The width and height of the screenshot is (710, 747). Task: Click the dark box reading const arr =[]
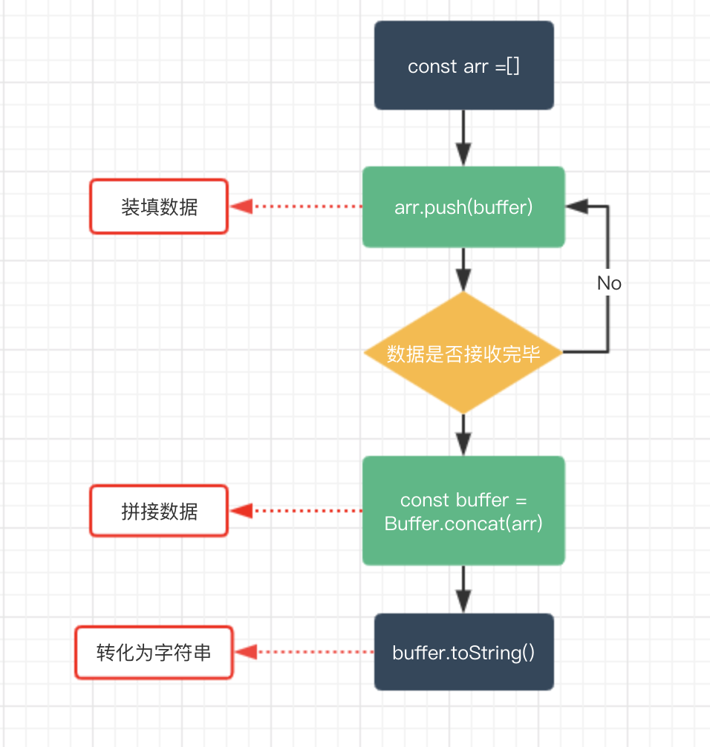click(x=463, y=65)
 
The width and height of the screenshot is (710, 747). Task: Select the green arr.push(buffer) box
click(x=463, y=206)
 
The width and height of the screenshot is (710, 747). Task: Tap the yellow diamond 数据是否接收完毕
click(x=463, y=353)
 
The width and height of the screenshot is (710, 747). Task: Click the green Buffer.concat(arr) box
click(x=463, y=511)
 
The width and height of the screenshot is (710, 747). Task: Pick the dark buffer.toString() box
click(x=463, y=652)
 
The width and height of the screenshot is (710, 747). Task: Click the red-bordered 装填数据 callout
click(x=159, y=206)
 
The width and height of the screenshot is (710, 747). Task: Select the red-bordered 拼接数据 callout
click(x=159, y=511)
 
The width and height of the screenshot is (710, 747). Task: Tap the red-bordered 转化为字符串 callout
click(x=154, y=652)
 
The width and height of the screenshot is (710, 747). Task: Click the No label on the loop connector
click(x=609, y=283)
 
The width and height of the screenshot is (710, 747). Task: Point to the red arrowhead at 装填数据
click(x=240, y=206)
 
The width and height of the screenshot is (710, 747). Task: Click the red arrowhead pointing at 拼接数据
click(x=240, y=511)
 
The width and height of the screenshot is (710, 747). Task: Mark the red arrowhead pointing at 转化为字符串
click(x=246, y=652)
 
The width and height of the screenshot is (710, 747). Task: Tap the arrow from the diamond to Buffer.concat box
click(x=463, y=434)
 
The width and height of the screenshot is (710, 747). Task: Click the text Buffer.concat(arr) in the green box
click(x=463, y=523)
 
